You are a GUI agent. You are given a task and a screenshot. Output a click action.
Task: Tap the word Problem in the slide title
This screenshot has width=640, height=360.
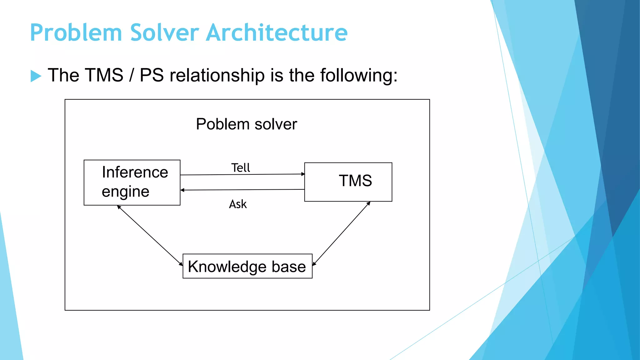76,32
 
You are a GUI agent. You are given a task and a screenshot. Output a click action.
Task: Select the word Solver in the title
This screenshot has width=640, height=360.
164,32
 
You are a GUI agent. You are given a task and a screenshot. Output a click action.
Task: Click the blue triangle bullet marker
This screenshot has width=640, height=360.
36,76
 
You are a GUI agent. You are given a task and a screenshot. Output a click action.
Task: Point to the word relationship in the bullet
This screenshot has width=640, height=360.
217,75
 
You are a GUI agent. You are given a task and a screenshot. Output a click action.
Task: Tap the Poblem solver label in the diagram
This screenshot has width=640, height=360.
246,124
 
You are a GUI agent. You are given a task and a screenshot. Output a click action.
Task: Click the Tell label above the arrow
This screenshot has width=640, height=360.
241,168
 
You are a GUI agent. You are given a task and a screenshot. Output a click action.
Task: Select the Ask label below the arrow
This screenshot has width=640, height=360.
238,204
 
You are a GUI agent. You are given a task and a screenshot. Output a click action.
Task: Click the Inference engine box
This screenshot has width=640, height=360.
132,182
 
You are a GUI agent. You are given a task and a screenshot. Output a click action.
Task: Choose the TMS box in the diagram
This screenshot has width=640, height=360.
348,182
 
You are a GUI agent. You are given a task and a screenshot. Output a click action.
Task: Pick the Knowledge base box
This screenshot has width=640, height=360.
247,266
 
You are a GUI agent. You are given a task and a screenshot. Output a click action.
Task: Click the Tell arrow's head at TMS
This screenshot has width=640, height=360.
303,174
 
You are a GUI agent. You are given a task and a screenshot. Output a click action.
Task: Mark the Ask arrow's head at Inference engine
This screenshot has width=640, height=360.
182,190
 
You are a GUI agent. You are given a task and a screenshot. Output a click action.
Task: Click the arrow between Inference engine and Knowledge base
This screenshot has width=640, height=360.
150,236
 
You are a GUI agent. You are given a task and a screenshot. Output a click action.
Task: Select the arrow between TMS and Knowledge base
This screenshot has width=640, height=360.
342,233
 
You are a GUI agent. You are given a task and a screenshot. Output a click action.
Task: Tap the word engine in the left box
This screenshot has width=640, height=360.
125,192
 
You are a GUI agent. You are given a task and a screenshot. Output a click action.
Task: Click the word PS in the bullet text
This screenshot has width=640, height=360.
152,75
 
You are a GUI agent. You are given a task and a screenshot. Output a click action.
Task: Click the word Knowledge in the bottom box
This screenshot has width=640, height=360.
227,267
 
